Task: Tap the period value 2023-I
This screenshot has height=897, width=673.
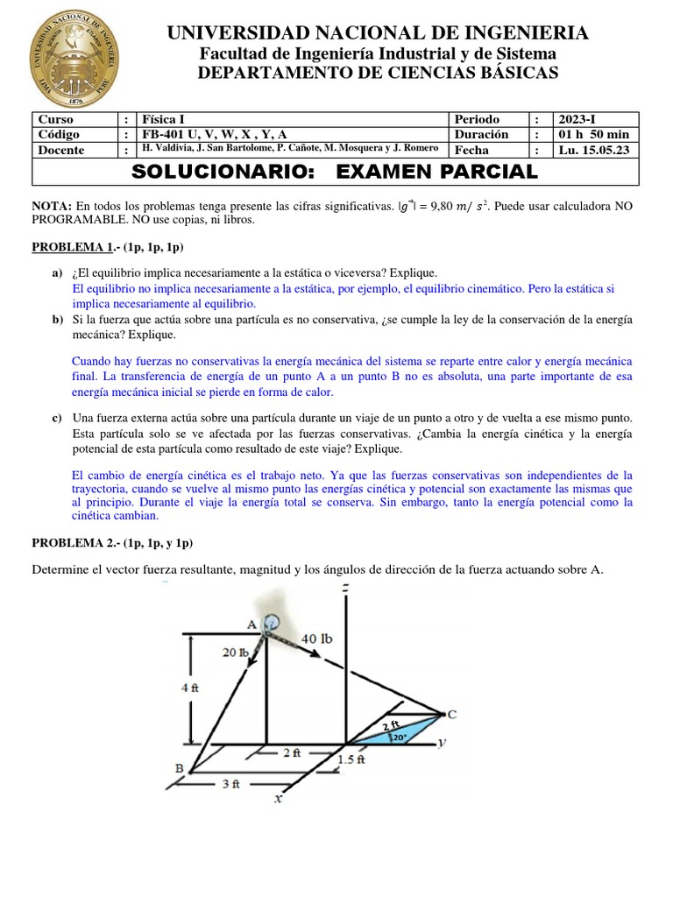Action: [583, 119]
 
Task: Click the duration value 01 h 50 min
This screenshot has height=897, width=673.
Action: [594, 134]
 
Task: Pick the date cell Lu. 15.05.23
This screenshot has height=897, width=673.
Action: [599, 150]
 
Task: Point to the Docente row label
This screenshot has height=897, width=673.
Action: [60, 150]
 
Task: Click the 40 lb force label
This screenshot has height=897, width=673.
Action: [316, 638]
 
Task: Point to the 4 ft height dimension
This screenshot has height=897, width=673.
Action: [189, 688]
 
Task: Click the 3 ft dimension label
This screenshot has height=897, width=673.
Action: [230, 785]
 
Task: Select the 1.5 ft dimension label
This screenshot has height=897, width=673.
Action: [351, 760]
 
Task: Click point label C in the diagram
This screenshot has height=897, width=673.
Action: [452, 714]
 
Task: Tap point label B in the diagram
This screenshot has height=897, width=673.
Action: [180, 768]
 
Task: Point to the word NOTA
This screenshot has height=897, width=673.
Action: [51, 205]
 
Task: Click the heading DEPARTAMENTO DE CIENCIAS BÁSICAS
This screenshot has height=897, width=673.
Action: [378, 74]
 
